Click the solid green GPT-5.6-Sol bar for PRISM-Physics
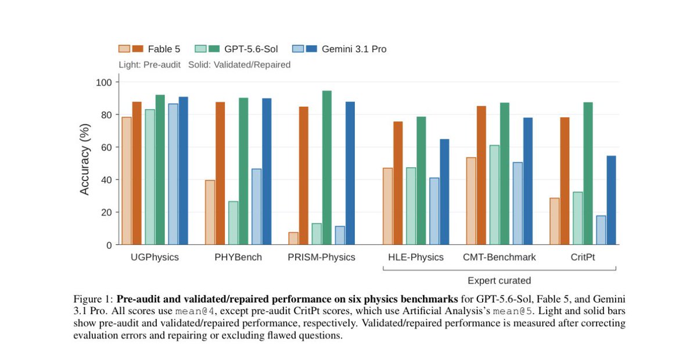click(x=327, y=168)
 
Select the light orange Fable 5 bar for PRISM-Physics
click(x=293, y=238)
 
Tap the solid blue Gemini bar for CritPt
click(x=611, y=200)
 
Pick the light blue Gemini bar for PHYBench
click(x=257, y=207)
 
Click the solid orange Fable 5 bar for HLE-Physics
click(x=398, y=183)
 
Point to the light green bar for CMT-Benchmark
click(x=494, y=195)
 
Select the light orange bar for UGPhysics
click(x=127, y=181)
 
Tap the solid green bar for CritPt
click(x=588, y=173)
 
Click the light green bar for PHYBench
click(x=233, y=223)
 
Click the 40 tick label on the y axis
click(x=106, y=180)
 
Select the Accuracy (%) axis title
click(x=84, y=159)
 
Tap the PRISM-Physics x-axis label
click(x=321, y=257)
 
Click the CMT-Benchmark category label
click(x=500, y=257)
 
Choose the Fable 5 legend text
click(x=164, y=49)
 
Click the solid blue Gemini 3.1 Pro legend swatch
click(x=311, y=49)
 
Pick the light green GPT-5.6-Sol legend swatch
click(x=201, y=49)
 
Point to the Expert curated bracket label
click(x=500, y=280)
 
